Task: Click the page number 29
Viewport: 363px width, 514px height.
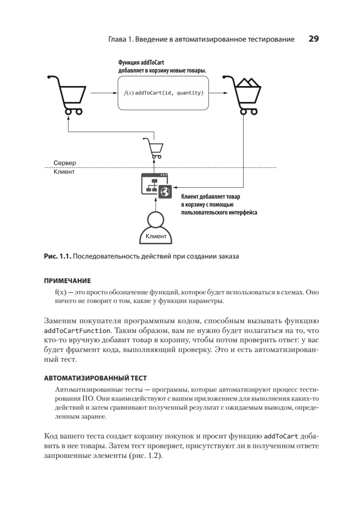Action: click(x=313, y=39)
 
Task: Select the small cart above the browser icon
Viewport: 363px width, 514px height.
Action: click(x=154, y=148)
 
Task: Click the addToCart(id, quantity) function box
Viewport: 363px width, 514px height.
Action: click(x=163, y=93)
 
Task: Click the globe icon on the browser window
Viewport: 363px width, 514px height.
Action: click(x=165, y=192)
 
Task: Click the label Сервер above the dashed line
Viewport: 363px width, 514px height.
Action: click(x=65, y=163)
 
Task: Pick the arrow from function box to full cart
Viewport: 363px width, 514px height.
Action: click(x=218, y=93)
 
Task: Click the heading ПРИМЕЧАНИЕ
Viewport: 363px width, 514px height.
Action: click(x=68, y=281)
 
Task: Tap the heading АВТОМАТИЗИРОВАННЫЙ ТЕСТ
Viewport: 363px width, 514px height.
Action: click(x=95, y=378)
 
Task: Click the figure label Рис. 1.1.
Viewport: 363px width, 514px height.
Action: click(x=57, y=257)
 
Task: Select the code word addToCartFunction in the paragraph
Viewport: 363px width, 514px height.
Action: click(x=76, y=331)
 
